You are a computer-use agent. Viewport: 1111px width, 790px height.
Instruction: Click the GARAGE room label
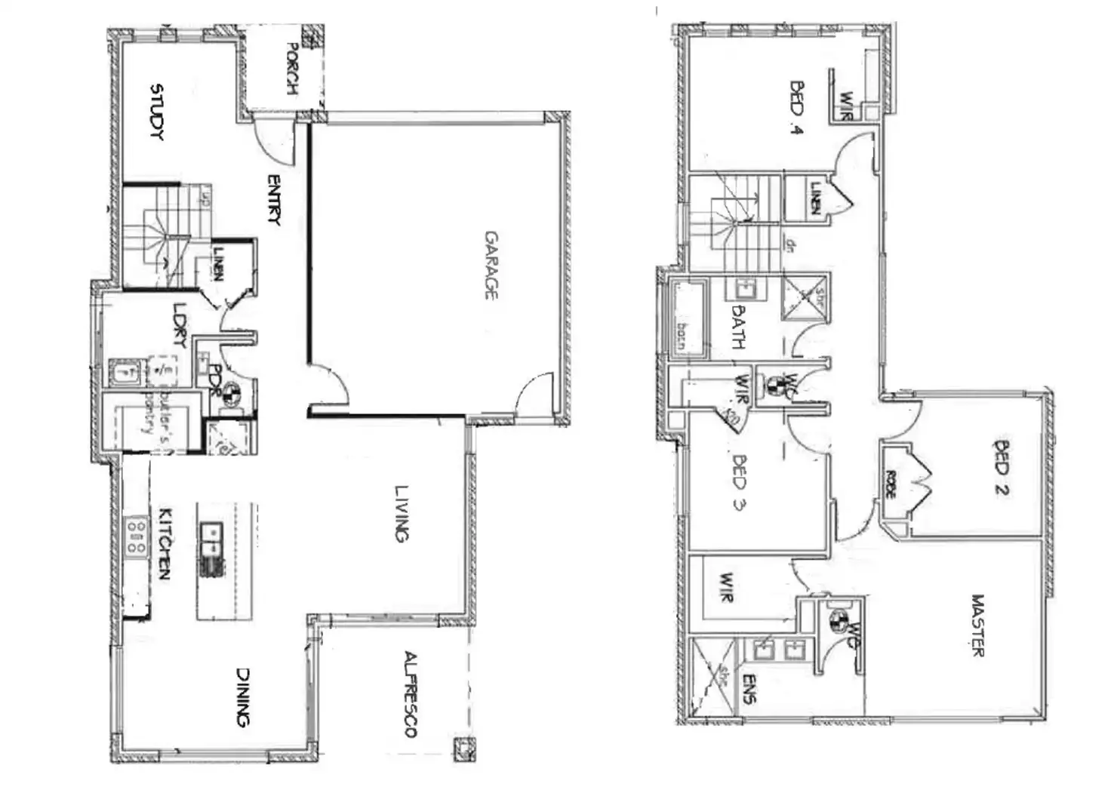point(491,265)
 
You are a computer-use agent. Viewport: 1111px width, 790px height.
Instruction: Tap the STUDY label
point(158,112)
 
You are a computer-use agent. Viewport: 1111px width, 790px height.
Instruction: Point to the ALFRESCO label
point(411,693)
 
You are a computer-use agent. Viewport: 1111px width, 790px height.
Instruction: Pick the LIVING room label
point(401,513)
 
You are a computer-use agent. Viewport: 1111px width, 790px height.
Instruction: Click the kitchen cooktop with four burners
point(137,536)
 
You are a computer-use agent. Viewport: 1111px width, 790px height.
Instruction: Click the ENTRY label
point(273,200)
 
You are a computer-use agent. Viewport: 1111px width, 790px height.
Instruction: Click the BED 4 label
point(796,107)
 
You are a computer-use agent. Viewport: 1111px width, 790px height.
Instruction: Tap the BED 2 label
point(1002,468)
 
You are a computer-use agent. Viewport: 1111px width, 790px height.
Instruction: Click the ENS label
point(748,688)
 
